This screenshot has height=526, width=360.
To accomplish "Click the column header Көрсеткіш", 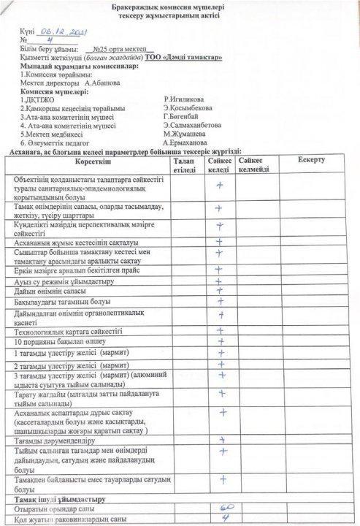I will (x=88, y=159).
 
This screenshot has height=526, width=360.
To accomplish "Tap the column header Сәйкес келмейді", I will (x=254, y=164).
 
